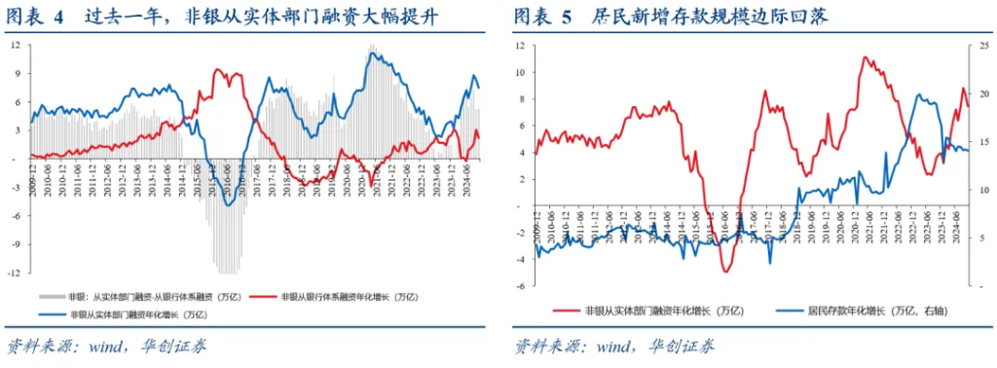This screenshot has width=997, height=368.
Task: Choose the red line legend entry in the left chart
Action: click(x=341, y=296)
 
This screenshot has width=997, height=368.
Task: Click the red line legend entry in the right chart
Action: click(x=653, y=311)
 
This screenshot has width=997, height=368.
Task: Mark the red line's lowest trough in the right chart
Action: click(x=725, y=271)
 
